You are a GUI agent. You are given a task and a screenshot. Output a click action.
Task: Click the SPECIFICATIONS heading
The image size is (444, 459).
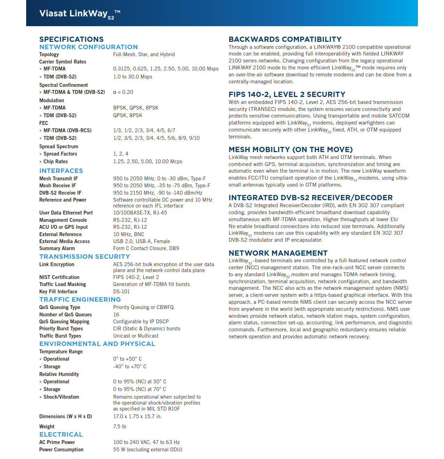pyautogui.click(x=71, y=39)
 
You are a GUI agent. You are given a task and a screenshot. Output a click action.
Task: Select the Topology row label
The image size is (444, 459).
pyautogui.click(x=49, y=54)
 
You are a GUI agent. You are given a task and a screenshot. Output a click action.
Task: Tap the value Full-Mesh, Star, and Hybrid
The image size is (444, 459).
pyautogui.click(x=144, y=54)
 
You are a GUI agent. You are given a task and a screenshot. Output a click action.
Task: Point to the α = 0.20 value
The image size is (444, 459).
pyautogui.click(x=123, y=92)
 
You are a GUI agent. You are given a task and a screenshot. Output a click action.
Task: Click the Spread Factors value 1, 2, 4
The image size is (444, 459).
pyautogui.click(x=121, y=154)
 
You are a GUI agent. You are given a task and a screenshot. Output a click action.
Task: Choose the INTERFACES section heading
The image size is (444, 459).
pyautogui.click(x=61, y=171)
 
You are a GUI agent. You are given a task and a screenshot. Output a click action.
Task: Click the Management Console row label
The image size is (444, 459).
pyautogui.click(x=63, y=220)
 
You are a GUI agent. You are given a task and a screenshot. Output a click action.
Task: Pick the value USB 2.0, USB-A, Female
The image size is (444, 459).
pyautogui.click(x=141, y=241)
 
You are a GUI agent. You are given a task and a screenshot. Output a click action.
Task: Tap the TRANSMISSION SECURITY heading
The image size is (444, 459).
pyautogui.click(x=85, y=257)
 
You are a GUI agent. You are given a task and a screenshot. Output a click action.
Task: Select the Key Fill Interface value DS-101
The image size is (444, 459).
pyautogui.click(x=121, y=292)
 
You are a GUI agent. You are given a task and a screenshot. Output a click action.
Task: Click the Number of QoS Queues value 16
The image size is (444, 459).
pyautogui.click(x=116, y=315)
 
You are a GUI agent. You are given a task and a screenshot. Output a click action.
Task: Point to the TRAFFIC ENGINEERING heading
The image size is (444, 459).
pyautogui.click(x=80, y=300)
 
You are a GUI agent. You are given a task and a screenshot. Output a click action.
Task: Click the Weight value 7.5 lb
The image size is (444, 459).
pyautogui.click(x=119, y=427)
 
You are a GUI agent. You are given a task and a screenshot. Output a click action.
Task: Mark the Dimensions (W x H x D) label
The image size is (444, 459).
pyautogui.click(x=65, y=416)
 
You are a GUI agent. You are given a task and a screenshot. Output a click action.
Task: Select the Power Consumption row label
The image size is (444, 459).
pyautogui.click(x=61, y=450)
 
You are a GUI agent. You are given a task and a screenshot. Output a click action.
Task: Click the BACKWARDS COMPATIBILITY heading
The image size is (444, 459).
pyautogui.click(x=285, y=39)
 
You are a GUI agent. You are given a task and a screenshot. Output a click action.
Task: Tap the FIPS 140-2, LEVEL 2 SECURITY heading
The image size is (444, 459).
pyautogui.click(x=287, y=95)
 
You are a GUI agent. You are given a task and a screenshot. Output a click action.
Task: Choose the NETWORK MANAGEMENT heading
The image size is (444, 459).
pyautogui.click(x=278, y=253)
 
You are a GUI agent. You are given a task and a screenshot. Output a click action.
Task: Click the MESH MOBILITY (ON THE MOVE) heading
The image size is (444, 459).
pyautogui.click(x=290, y=150)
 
